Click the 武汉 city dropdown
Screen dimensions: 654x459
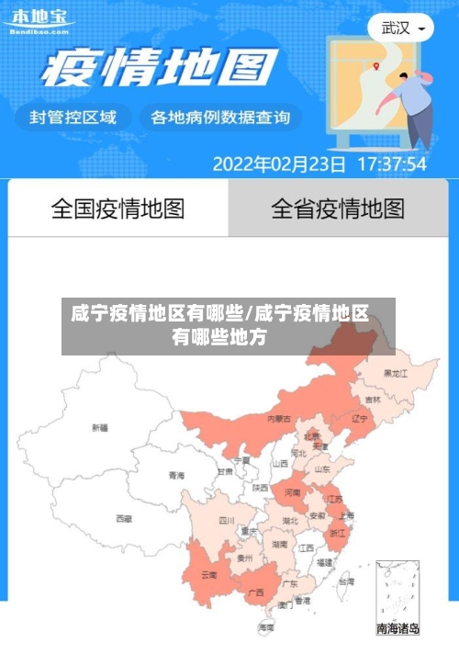point(401,28)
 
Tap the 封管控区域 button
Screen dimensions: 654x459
point(73,118)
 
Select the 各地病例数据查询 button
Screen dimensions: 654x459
point(219,118)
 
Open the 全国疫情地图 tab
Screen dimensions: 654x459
point(118,209)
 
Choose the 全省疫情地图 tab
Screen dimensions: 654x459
point(338,209)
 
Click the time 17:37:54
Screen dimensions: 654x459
point(391,164)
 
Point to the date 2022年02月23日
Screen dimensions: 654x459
point(279,164)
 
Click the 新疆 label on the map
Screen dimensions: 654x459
point(99,428)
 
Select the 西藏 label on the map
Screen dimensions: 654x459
point(124,519)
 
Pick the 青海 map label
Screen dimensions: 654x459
point(176,476)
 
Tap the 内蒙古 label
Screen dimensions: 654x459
point(279,419)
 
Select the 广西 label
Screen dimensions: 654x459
point(256,592)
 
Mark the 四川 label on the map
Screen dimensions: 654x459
point(227,520)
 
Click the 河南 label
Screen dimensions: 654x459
point(292,493)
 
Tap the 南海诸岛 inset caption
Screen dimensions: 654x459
point(398,629)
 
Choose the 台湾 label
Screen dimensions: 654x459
point(345,581)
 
